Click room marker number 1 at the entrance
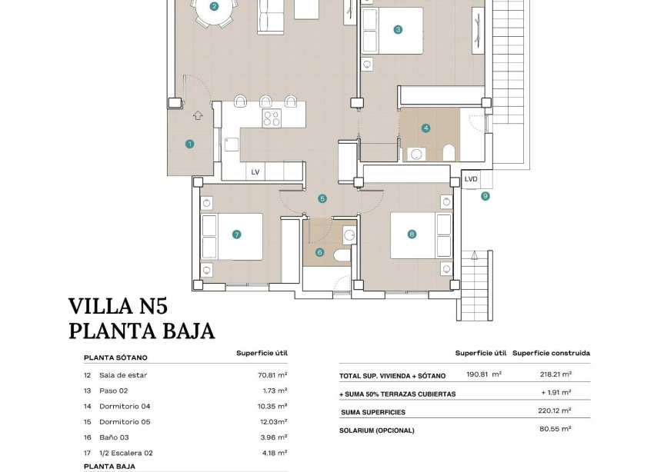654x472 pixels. click(x=189, y=144)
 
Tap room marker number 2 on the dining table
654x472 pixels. click(x=214, y=7)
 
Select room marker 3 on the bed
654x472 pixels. click(x=398, y=30)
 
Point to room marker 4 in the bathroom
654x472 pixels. click(x=425, y=128)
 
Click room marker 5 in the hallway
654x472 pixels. click(x=322, y=198)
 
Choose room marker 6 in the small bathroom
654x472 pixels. click(x=319, y=252)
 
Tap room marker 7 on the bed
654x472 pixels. click(x=236, y=234)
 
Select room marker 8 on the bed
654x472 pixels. click(x=412, y=234)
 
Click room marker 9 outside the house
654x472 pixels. click(x=485, y=196)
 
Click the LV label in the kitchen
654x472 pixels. click(x=255, y=172)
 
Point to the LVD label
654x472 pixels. click(x=471, y=179)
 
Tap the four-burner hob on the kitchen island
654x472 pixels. click(x=272, y=118)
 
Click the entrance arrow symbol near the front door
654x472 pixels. click(x=198, y=115)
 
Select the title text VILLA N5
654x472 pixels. click(x=118, y=307)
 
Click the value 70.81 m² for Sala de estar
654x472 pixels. click(x=272, y=375)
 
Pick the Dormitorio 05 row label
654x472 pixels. click(x=127, y=421)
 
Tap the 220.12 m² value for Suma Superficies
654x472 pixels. click(x=554, y=411)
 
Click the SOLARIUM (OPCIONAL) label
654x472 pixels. click(x=376, y=430)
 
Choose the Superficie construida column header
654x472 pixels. click(x=551, y=353)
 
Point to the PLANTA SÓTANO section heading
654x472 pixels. click(x=115, y=357)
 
